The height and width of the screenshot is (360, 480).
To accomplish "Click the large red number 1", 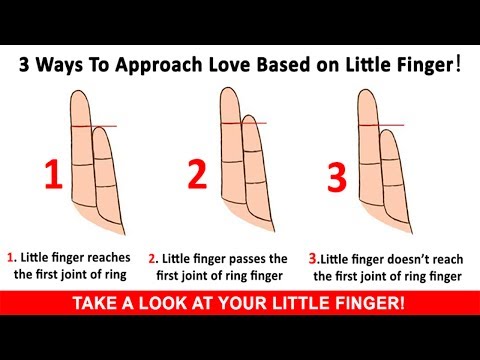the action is click(54, 174).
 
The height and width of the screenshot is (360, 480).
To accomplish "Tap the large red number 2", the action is click(197, 174).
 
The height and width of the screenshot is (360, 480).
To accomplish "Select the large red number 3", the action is click(337, 177).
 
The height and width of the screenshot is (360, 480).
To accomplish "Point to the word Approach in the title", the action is click(159, 66).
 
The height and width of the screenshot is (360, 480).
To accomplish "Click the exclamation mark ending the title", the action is click(458, 64).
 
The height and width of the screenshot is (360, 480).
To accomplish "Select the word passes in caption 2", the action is click(245, 259).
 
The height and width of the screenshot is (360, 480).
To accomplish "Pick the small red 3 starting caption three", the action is click(312, 259).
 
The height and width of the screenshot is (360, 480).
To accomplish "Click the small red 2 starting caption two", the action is click(152, 259).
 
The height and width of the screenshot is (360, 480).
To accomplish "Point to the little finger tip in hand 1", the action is click(99, 128).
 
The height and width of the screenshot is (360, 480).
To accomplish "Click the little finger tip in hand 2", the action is click(249, 116).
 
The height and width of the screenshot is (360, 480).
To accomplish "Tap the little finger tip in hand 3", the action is click(387, 130).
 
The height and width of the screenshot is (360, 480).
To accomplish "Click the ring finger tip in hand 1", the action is click(80, 91).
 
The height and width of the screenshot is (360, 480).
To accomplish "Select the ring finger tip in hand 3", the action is click(367, 90).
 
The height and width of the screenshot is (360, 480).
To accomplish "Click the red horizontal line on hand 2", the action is click(244, 123).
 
